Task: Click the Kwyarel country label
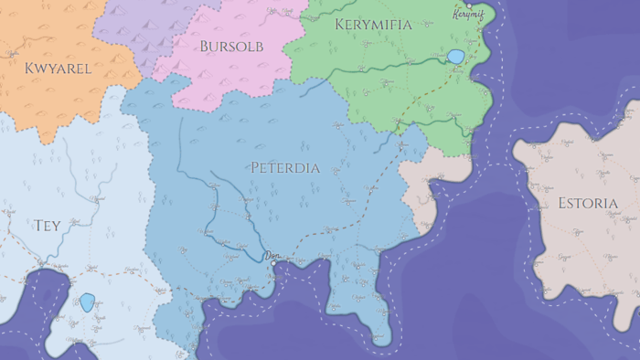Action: pyautogui.click(x=58, y=68)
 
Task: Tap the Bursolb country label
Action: pyautogui.click(x=231, y=45)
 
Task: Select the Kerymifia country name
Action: pyautogui.click(x=373, y=25)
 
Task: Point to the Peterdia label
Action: pyautogui.click(x=285, y=168)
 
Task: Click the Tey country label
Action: pyautogui.click(x=47, y=226)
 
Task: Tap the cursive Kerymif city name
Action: pyautogui.click(x=467, y=16)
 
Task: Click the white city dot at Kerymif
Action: pyautogui.click(x=470, y=5)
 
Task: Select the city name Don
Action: pyautogui.click(x=271, y=257)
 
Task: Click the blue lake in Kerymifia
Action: pyautogui.click(x=455, y=57)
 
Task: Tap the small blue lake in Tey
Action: pyautogui.click(x=87, y=302)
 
